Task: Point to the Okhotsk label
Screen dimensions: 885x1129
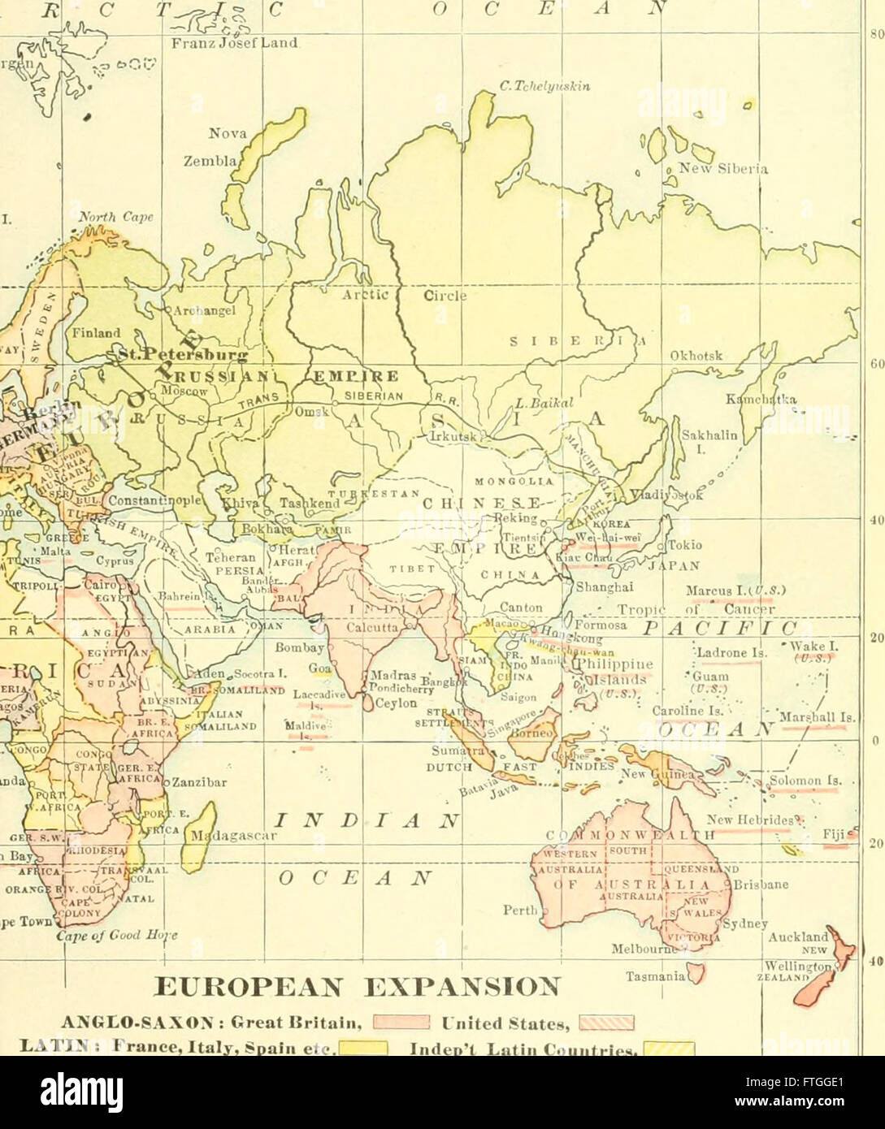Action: pos(696,356)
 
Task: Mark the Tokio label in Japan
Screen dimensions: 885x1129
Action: pos(684,545)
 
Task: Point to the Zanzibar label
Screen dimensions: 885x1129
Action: pos(200,783)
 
